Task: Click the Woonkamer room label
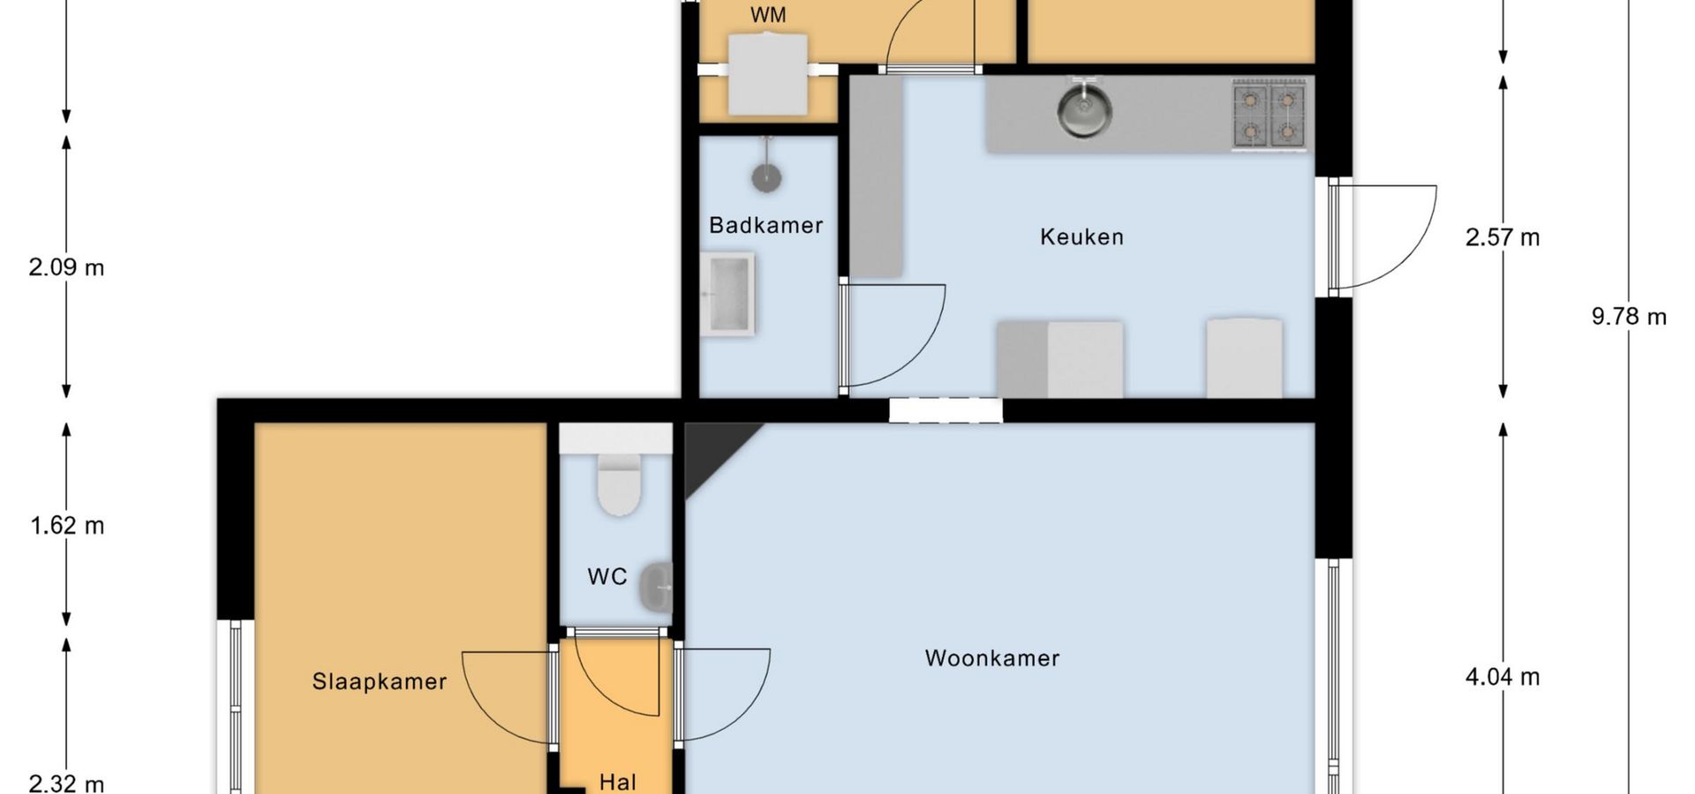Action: pyautogui.click(x=992, y=658)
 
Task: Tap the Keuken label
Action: pyautogui.click(x=1081, y=236)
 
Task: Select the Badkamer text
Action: pyautogui.click(x=766, y=225)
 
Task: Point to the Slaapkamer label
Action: pyautogui.click(x=380, y=681)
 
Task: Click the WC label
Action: pyautogui.click(x=607, y=577)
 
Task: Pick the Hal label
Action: pyautogui.click(x=618, y=782)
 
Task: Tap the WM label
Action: pyautogui.click(x=768, y=15)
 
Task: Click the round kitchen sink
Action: pyautogui.click(x=1084, y=109)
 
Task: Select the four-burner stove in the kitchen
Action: pyautogui.click(x=1269, y=114)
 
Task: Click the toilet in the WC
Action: pyautogui.click(x=618, y=484)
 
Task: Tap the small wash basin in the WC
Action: pyautogui.click(x=656, y=587)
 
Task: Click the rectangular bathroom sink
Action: pyautogui.click(x=728, y=294)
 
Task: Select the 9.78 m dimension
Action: pyautogui.click(x=1629, y=316)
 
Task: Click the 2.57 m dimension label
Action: pyautogui.click(x=1503, y=237)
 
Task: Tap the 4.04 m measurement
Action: pyautogui.click(x=1503, y=677)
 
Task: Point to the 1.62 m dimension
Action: pyautogui.click(x=67, y=526)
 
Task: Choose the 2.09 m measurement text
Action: pyautogui.click(x=66, y=266)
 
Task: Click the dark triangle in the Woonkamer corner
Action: pyautogui.click(x=712, y=450)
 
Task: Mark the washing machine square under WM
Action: pyautogui.click(x=767, y=74)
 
